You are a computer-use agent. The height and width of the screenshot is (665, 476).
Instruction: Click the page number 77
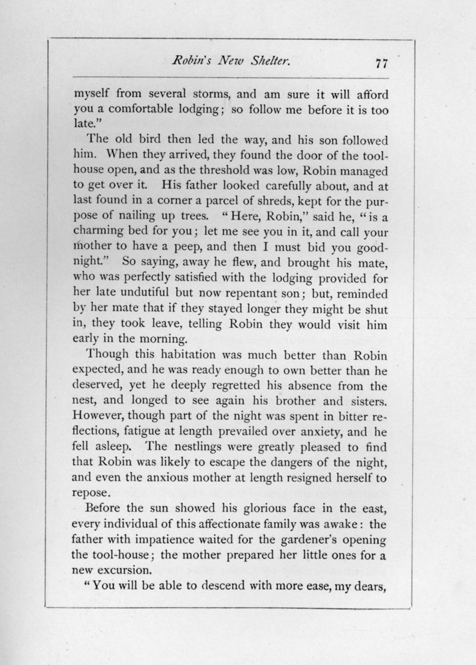pos(381,65)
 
